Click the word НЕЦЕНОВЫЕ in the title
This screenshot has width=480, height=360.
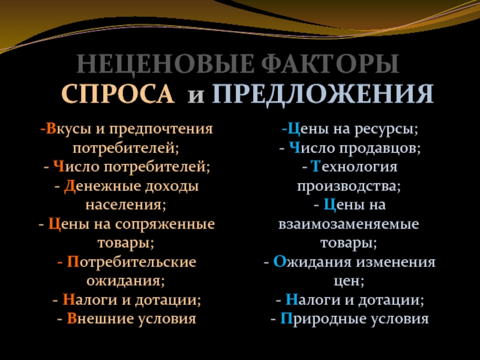click(x=165, y=64)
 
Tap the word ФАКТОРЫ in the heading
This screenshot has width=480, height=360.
click(x=331, y=64)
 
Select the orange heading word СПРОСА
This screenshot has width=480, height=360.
click(x=118, y=93)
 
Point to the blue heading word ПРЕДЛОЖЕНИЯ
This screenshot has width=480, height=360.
click(x=323, y=94)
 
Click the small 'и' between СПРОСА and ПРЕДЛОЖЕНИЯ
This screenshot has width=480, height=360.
click(x=196, y=96)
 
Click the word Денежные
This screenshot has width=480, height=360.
click(x=101, y=187)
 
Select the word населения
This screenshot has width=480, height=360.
click(x=125, y=205)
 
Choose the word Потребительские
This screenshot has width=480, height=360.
click(x=131, y=262)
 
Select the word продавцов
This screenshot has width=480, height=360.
click(x=380, y=149)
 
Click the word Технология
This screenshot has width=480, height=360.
click(x=354, y=167)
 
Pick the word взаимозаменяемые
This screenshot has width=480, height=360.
click(x=349, y=224)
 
